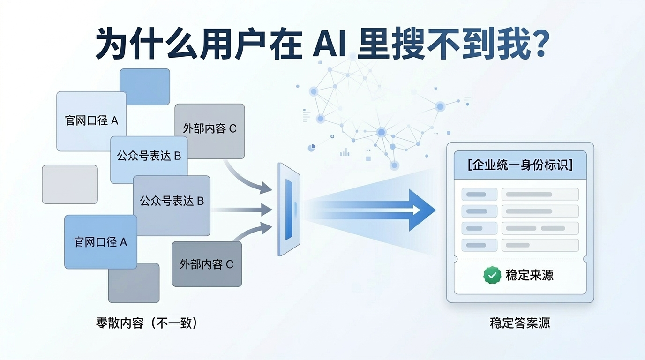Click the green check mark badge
pos(492,275)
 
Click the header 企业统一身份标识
pos(520,165)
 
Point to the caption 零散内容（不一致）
pos(146,323)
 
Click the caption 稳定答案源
pos(520,323)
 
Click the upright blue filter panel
pos(289,209)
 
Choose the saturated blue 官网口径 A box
pos(101,242)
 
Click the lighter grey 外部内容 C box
pos(210,129)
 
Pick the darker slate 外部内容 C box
pos(207,264)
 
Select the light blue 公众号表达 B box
pos(149,157)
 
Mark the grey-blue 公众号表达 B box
pos(172,202)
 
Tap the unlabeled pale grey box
pos(70,184)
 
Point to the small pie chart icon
pos(311,148)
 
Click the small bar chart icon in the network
pos(345,152)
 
